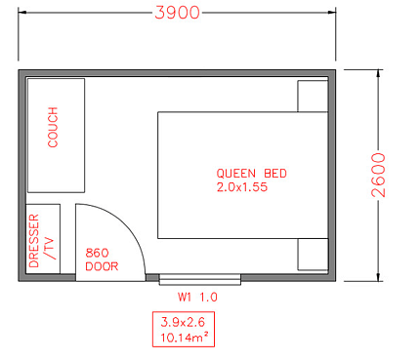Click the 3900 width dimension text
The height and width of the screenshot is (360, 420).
(177, 13)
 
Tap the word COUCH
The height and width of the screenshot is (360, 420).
(54, 128)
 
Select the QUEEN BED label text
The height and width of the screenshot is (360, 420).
(252, 174)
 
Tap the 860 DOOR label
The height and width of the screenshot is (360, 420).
(102, 259)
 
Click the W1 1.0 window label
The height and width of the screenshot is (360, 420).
(196, 297)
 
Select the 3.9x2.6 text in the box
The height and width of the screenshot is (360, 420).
(182, 321)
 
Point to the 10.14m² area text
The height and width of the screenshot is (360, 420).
(182, 337)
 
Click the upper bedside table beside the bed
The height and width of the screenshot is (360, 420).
(313, 97)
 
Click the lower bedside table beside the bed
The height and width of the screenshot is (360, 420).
(313, 256)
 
